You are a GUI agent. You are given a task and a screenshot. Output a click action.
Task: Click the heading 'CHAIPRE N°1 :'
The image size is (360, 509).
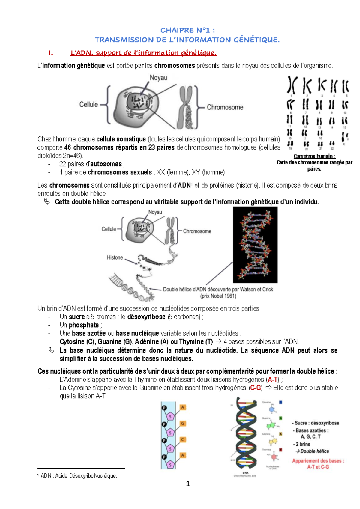[x=187, y=30]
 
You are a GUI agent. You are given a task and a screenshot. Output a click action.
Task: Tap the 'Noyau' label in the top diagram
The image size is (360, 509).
[x=158, y=78]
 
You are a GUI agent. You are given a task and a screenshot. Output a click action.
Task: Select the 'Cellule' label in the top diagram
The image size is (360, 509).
[x=88, y=104]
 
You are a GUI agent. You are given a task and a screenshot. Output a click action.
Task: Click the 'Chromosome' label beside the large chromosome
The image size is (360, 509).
[x=225, y=107]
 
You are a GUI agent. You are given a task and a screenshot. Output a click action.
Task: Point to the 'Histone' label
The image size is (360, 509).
[x=115, y=257]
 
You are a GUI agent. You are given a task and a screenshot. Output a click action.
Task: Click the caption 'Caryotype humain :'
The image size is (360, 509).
[x=314, y=156]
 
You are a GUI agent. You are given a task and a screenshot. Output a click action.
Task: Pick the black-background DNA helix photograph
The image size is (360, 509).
[x=255, y=245]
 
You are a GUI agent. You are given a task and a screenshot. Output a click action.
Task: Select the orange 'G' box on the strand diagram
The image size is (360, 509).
[x=182, y=424]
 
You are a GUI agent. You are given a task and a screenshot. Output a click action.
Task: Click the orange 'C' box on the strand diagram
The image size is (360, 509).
[x=182, y=439]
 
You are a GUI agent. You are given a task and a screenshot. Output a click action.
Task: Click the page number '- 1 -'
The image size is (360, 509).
[x=188, y=484]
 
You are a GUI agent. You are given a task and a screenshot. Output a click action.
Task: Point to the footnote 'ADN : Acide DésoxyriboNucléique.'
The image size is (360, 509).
[x=79, y=476]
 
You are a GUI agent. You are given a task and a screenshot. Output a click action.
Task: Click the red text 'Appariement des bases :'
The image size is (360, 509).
[x=318, y=461]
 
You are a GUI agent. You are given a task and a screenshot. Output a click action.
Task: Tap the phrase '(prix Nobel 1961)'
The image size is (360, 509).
[x=218, y=296]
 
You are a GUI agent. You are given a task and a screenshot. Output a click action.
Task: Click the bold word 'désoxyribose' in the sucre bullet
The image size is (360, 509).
[x=146, y=317]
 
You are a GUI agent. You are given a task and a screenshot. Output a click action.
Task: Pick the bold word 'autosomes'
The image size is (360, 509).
[x=106, y=164]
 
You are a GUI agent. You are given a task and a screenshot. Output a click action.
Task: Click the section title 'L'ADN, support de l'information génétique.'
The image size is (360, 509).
[x=143, y=53]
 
